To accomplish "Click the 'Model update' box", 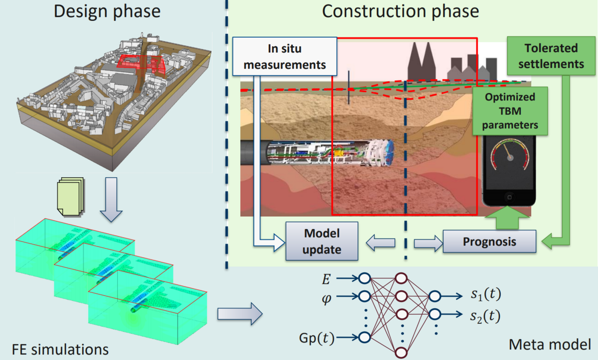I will [x=322, y=241].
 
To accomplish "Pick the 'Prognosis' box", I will [x=489, y=241].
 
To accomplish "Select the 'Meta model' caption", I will [x=550, y=344].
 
